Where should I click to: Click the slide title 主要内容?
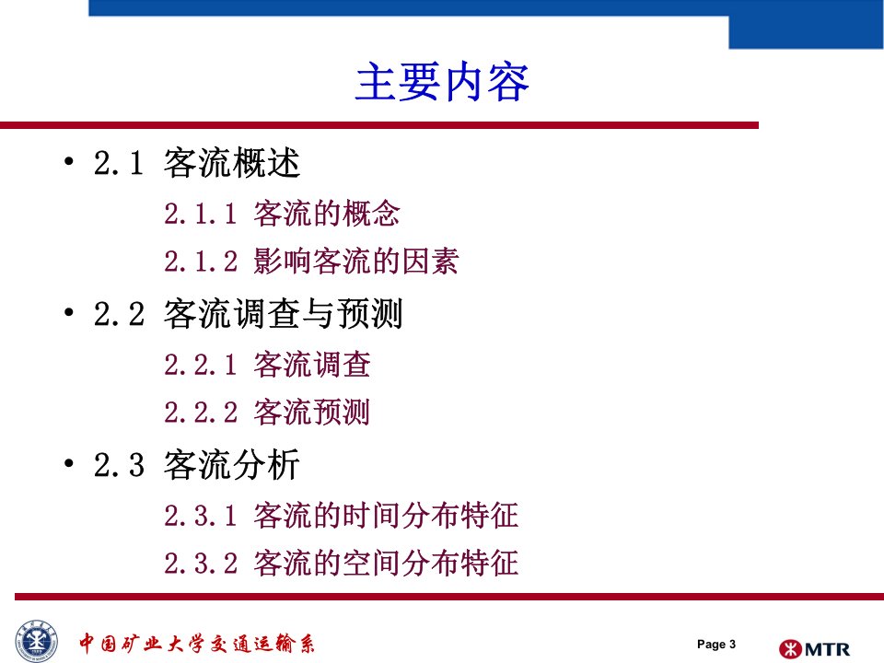442,82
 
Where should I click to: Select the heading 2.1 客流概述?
197,163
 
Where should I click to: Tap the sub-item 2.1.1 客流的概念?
282,214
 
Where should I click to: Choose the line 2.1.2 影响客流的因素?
311,261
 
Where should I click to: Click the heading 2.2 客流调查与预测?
248,313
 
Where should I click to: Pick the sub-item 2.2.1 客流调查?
267,365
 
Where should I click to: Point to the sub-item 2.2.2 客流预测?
267,413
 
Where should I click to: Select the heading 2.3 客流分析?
197,464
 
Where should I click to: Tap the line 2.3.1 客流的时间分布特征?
341,516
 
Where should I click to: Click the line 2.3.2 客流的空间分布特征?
341,564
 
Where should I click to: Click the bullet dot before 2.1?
69,162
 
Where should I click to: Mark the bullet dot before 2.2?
69,312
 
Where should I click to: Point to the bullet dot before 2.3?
69,463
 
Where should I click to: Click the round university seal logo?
37,642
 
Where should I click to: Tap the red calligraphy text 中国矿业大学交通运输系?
197,644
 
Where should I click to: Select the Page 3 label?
716,644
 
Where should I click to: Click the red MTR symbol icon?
790,649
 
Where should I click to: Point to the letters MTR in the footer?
827,649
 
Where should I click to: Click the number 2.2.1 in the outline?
201,365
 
